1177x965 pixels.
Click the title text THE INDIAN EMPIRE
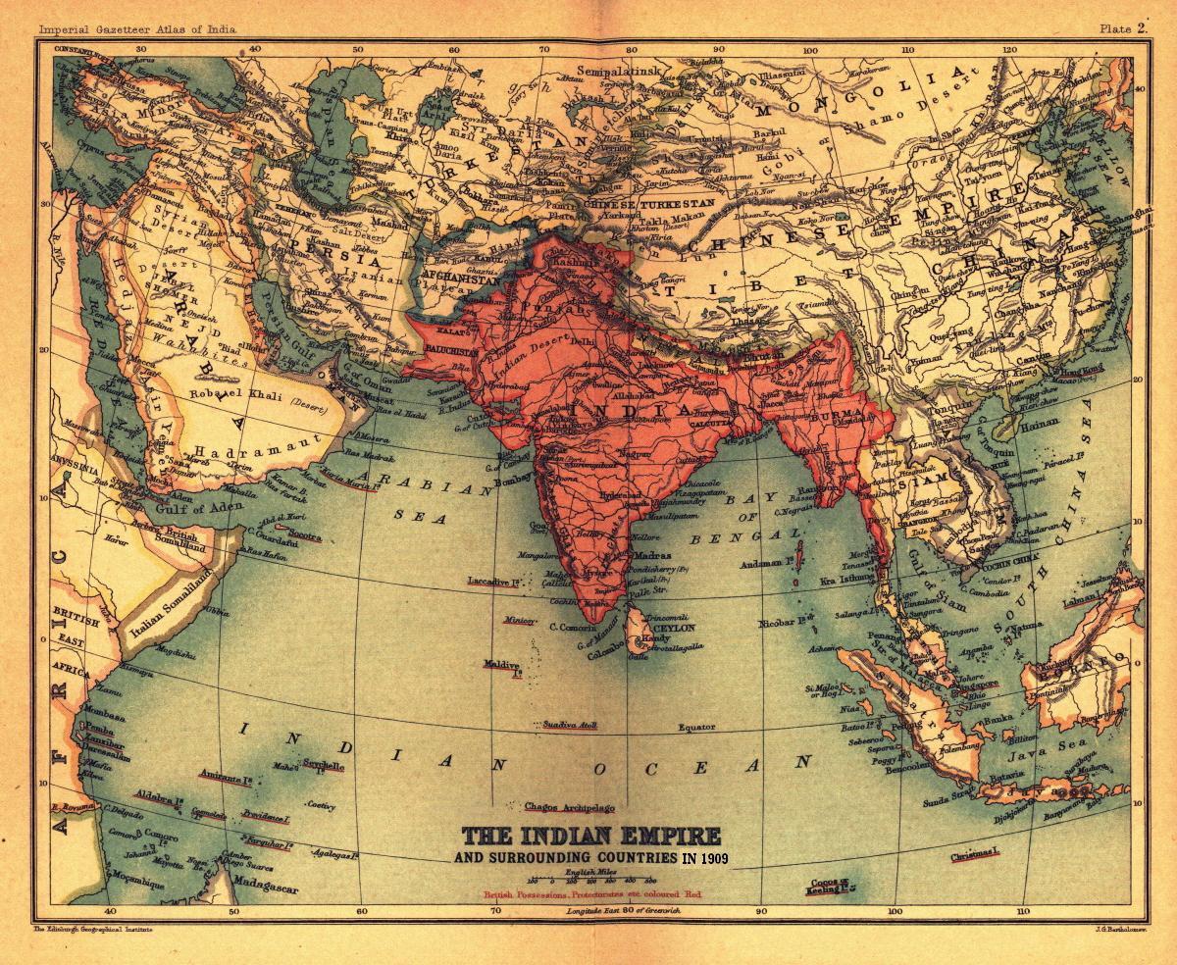pyautogui.click(x=590, y=837)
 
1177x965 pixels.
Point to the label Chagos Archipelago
pyautogui.click(x=569, y=807)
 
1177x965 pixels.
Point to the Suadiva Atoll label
pyautogui.click(x=566, y=725)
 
